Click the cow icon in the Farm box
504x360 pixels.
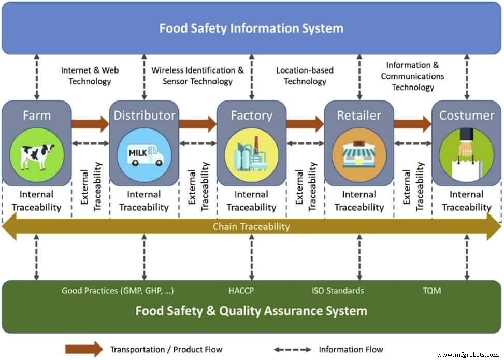tap(37, 154)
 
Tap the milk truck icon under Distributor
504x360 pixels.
tap(144, 154)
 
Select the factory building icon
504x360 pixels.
tap(251, 154)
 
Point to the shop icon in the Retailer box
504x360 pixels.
tap(359, 154)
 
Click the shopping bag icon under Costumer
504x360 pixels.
tap(466, 154)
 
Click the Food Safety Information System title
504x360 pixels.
tap(251, 28)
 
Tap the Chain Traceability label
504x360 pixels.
tap(251, 226)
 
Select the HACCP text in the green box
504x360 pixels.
tap(241, 291)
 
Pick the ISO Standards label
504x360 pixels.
tap(337, 291)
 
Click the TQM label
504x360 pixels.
tap(431, 291)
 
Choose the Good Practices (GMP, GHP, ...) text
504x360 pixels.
tap(118, 291)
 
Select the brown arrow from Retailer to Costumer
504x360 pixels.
tap(412, 124)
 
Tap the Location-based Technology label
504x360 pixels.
tap(305, 76)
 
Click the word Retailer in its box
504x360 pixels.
tap(359, 115)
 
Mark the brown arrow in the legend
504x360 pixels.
tap(84, 349)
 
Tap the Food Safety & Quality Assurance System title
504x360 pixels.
tap(251, 311)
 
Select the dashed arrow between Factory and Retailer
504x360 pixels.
tap(305, 143)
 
